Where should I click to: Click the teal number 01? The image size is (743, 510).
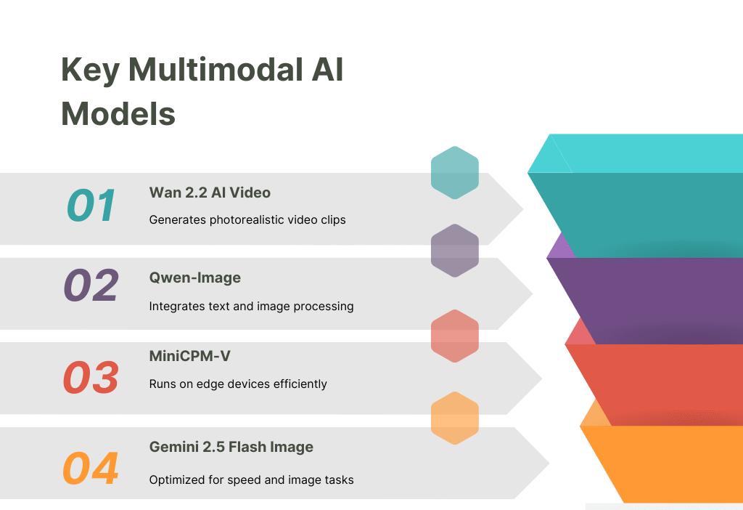[x=91, y=206]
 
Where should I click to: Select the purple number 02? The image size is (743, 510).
[x=91, y=286]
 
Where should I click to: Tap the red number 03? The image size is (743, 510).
[x=91, y=378]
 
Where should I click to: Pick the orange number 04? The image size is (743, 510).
[x=91, y=469]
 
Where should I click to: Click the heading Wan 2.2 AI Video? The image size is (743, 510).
[x=210, y=193]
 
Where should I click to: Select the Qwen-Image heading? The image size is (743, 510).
[x=195, y=278]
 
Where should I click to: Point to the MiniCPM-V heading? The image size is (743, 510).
[x=190, y=355]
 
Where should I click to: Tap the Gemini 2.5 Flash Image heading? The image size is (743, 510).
[x=231, y=447]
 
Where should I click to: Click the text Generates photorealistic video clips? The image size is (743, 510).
[x=247, y=219]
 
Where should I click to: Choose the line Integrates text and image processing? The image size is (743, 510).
[x=252, y=306]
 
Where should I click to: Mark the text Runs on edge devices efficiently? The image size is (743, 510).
[x=238, y=384]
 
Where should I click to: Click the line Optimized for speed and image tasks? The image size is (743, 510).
[x=252, y=479]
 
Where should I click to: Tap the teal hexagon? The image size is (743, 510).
[x=455, y=173]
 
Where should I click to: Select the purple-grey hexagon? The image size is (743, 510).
[x=455, y=251]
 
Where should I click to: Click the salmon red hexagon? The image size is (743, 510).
[x=455, y=336]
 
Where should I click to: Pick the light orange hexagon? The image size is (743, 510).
[x=455, y=418]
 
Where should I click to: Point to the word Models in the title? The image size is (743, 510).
[x=118, y=113]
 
